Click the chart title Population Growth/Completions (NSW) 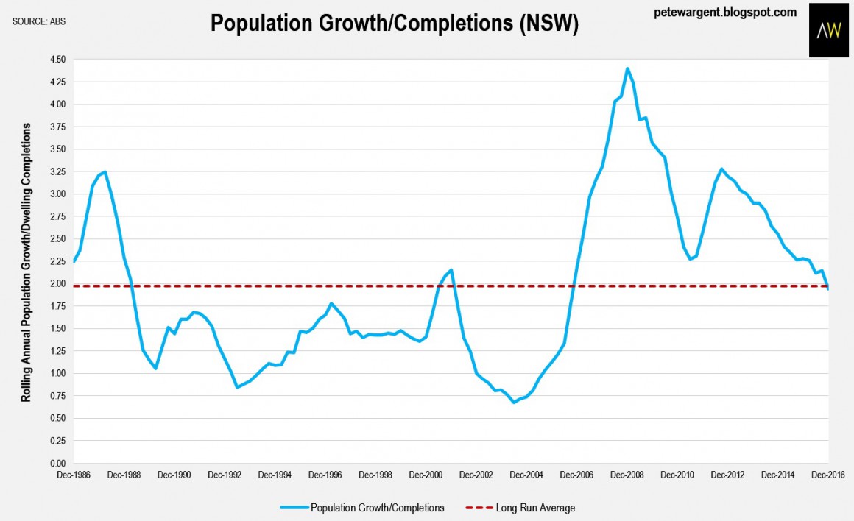394,24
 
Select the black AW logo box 829,29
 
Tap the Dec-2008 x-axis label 627,476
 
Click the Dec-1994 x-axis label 274,476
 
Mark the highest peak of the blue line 627,68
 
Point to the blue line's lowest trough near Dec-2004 514,403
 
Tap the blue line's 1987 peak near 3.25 105,172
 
